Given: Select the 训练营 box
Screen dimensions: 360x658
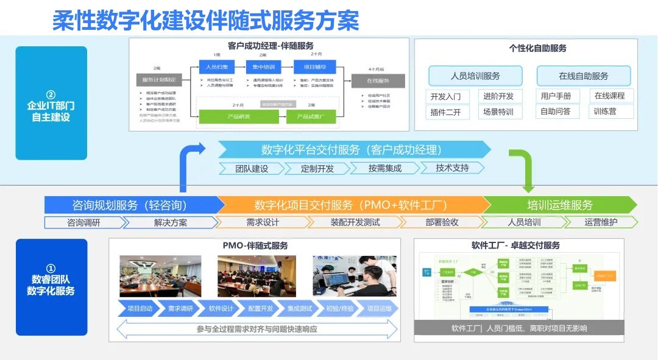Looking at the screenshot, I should tap(605, 111).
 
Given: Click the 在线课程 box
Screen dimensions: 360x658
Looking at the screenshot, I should tap(610, 96).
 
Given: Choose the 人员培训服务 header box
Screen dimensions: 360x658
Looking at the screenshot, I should tap(475, 76).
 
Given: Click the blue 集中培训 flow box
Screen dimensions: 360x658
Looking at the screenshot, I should tap(264, 66).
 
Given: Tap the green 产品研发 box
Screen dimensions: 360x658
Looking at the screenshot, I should tap(221, 116).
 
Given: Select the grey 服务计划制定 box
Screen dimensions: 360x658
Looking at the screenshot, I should tap(160, 80).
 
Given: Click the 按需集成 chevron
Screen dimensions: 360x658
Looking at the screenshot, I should tap(384, 168).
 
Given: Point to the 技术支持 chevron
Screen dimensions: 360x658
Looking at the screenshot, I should tap(452, 168).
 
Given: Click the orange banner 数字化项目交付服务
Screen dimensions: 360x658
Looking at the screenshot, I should tap(352, 205).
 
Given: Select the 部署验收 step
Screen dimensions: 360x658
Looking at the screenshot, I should tap(442, 222).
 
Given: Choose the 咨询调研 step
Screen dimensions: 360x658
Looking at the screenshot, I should tap(83, 222).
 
